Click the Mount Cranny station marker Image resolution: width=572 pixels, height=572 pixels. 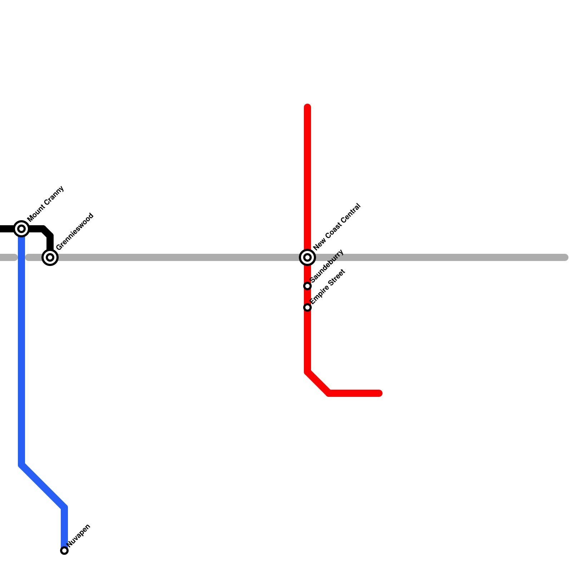21,228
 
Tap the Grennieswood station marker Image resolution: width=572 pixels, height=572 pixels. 50,257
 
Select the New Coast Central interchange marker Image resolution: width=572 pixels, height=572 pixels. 307,257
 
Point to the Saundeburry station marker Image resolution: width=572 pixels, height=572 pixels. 307,286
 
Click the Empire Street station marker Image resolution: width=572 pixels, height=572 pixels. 307,307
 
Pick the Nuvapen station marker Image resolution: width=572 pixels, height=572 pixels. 64,551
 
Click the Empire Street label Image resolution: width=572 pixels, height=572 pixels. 327,287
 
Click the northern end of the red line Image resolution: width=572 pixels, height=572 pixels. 307,107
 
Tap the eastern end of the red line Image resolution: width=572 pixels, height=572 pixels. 380,393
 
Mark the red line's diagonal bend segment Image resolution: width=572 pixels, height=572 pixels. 318,383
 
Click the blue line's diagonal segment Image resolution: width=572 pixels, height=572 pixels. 43,486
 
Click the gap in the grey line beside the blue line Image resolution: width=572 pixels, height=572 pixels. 21,257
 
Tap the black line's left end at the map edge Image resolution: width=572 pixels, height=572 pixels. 2,229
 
